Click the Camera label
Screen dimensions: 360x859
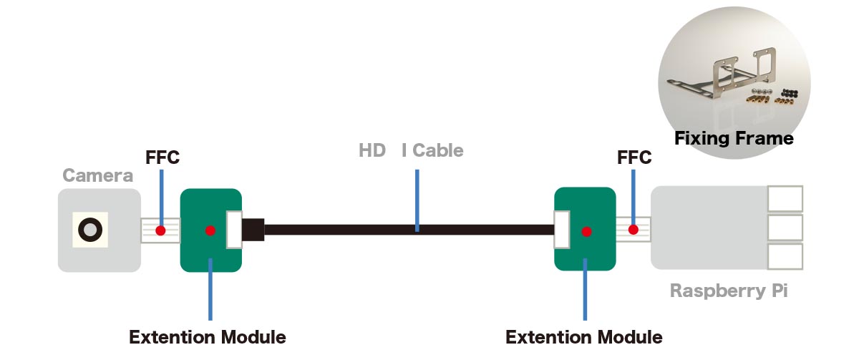pos(97,175)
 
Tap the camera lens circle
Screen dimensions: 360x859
pos(89,230)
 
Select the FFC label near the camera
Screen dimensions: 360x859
pos(162,157)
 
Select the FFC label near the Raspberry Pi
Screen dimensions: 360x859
pos(634,157)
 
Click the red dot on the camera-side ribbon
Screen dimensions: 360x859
pos(161,230)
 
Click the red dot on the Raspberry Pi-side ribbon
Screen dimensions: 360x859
pos(633,230)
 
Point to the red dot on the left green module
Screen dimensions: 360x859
pos(210,230)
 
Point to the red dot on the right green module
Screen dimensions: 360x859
pos(586,231)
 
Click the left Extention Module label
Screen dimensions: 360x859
pos(207,336)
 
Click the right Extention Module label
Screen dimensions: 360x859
pos(583,336)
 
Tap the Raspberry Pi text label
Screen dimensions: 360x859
pos(729,291)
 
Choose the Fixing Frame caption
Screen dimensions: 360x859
pos(734,138)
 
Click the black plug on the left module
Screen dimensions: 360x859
pos(253,230)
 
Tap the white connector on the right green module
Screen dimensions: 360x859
pos(562,230)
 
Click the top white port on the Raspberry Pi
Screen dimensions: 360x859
pos(785,199)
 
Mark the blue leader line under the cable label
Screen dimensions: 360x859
pos(417,200)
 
